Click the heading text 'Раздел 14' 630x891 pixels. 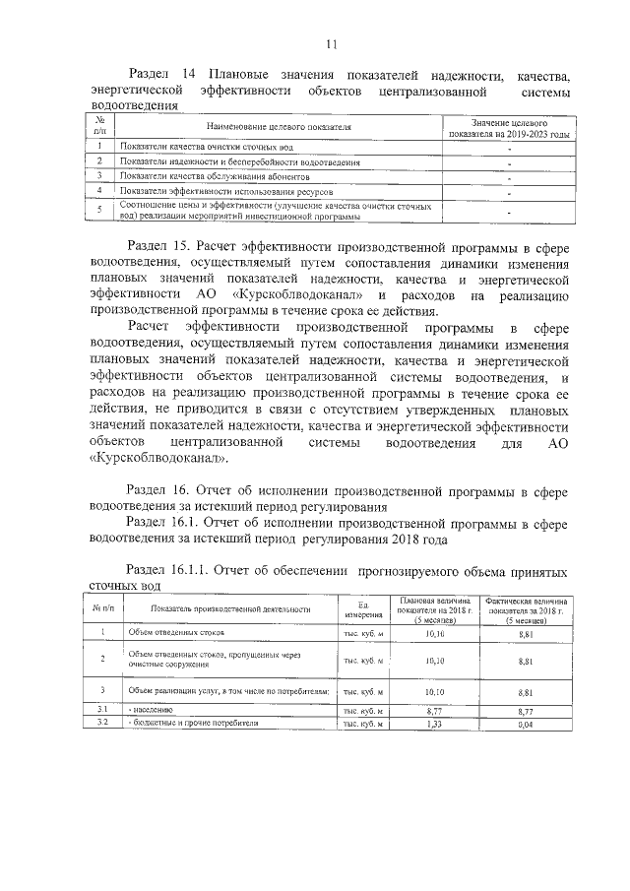pyautogui.click(x=157, y=76)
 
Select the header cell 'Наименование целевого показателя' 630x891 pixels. pyautogui.click(x=279, y=127)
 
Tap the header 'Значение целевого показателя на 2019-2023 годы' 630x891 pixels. pyautogui.click(x=508, y=126)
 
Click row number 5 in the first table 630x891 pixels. pyautogui.click(x=99, y=210)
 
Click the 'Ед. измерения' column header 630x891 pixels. pyautogui.click(x=356, y=609)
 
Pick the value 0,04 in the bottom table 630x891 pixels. pyautogui.click(x=525, y=724)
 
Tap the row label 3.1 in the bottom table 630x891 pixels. pyautogui.click(x=100, y=709)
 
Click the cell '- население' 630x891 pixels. pyautogui.click(x=148, y=709)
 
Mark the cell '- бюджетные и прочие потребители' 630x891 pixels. pyautogui.click(x=179, y=724)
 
